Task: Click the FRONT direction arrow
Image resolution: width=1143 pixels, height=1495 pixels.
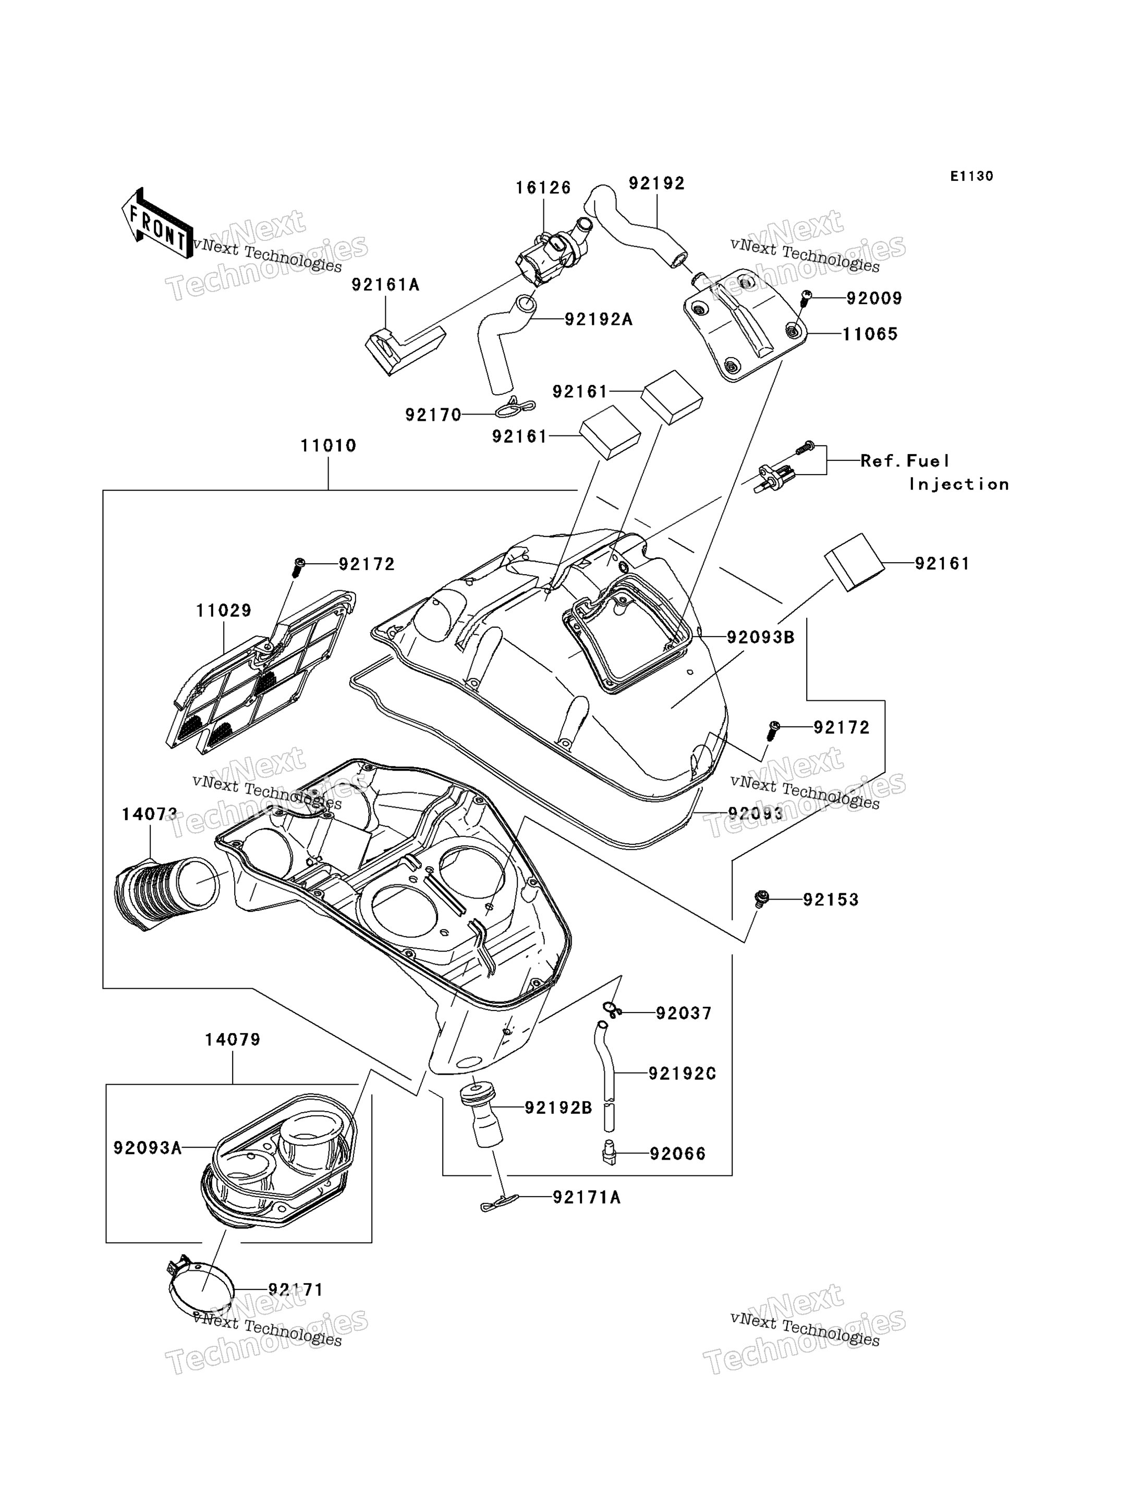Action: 157,224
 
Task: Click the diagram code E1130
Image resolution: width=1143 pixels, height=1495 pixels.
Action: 971,176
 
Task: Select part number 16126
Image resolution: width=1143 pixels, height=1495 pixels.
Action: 543,188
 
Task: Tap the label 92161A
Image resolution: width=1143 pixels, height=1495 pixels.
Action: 385,285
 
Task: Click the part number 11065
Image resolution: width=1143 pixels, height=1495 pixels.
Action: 870,334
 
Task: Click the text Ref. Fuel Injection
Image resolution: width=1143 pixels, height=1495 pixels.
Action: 934,472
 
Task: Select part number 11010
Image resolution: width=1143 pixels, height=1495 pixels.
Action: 328,446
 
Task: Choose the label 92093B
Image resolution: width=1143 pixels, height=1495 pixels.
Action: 761,638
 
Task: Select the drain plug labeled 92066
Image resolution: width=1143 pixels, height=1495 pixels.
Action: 609,1153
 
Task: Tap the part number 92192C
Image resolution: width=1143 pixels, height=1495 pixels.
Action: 683,1074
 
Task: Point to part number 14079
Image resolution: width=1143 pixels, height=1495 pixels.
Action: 233,1040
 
